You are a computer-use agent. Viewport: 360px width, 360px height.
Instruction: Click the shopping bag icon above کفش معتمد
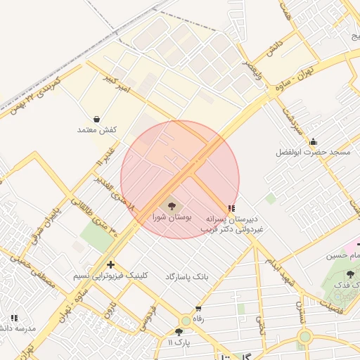(x=96, y=119)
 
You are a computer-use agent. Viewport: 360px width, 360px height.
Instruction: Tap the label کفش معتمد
(x=96, y=131)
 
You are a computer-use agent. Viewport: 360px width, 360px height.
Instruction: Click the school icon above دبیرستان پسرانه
(x=232, y=207)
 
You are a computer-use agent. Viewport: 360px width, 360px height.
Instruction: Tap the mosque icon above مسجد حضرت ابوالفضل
(x=313, y=142)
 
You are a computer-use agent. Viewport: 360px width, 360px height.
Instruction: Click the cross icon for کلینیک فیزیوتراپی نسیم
(x=110, y=264)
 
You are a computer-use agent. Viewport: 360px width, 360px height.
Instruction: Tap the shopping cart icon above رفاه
(x=198, y=309)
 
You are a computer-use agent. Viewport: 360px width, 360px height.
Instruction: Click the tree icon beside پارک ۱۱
(x=179, y=331)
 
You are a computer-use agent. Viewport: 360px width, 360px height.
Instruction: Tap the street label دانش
(x=274, y=48)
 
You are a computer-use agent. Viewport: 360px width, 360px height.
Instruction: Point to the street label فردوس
(x=147, y=319)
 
